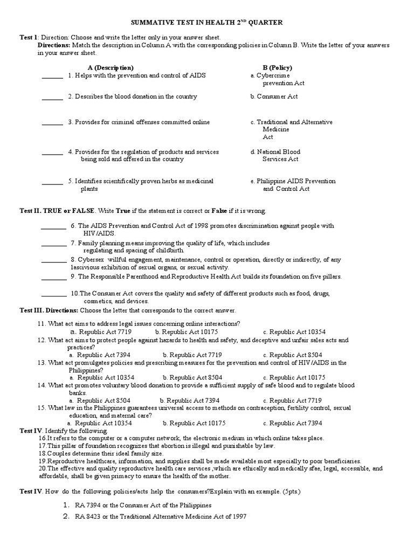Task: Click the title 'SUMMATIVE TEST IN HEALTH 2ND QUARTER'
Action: point(207,22)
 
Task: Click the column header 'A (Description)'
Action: point(111,67)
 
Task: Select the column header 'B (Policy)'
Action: point(277,67)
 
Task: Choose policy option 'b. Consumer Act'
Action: point(274,96)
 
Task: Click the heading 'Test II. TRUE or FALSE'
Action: point(57,210)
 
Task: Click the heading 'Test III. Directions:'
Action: point(49,311)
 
